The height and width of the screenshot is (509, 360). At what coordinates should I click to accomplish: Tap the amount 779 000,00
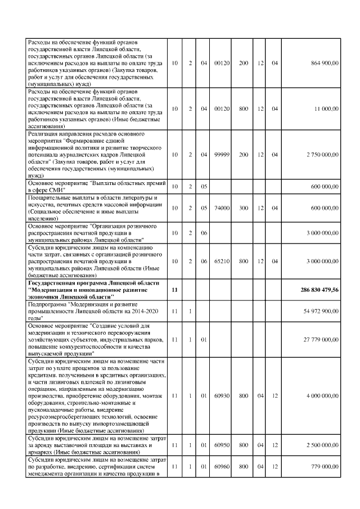pyautogui.click(x=325, y=466)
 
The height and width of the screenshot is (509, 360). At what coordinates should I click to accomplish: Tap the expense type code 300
pyautogui.click(x=244, y=208)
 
